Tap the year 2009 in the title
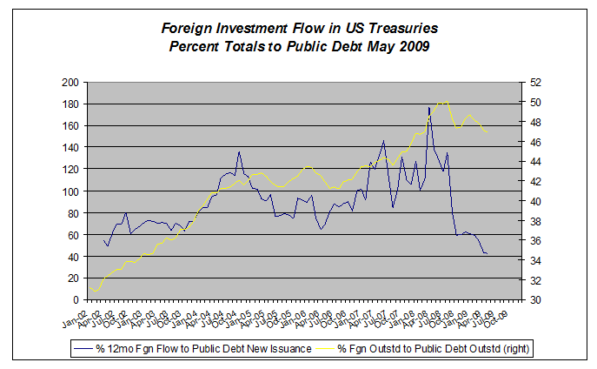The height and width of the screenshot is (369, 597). pyautogui.click(x=412, y=46)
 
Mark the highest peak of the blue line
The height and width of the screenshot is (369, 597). pyautogui.click(x=429, y=107)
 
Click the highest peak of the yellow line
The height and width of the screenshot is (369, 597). pyautogui.click(x=445, y=102)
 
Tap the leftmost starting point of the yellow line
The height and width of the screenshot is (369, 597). pyautogui.click(x=90, y=288)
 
